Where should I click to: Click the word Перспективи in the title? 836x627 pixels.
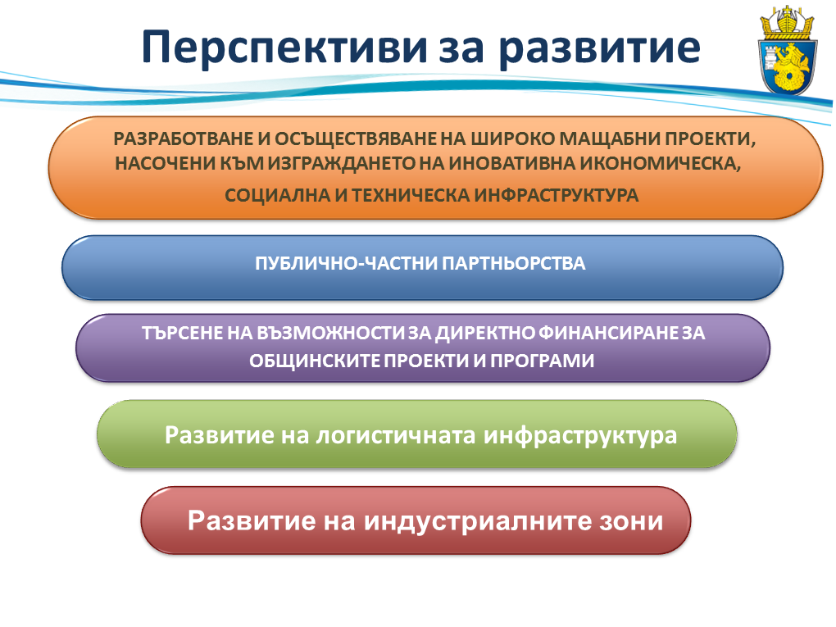[x=284, y=48]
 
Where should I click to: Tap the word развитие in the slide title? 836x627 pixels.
[x=599, y=49]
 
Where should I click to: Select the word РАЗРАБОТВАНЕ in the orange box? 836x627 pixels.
[x=184, y=139]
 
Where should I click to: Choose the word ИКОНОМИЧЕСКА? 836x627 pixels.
[x=661, y=164]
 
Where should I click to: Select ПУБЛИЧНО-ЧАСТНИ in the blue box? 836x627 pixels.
[x=346, y=263]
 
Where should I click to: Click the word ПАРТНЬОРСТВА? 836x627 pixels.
[x=513, y=263]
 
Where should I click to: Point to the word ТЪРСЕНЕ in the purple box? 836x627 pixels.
[x=182, y=334]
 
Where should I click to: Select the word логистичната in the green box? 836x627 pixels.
[x=395, y=435]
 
